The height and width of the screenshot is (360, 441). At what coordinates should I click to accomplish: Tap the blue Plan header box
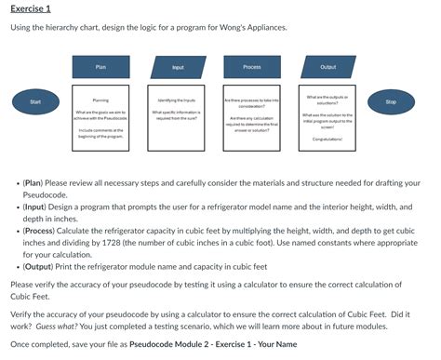click(x=101, y=67)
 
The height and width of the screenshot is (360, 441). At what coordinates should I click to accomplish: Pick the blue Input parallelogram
click(x=178, y=67)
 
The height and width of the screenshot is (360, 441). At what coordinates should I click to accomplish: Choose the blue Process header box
click(x=252, y=67)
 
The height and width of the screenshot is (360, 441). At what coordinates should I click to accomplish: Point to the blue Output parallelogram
click(x=328, y=67)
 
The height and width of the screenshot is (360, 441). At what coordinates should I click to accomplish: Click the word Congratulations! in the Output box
click(x=328, y=140)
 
